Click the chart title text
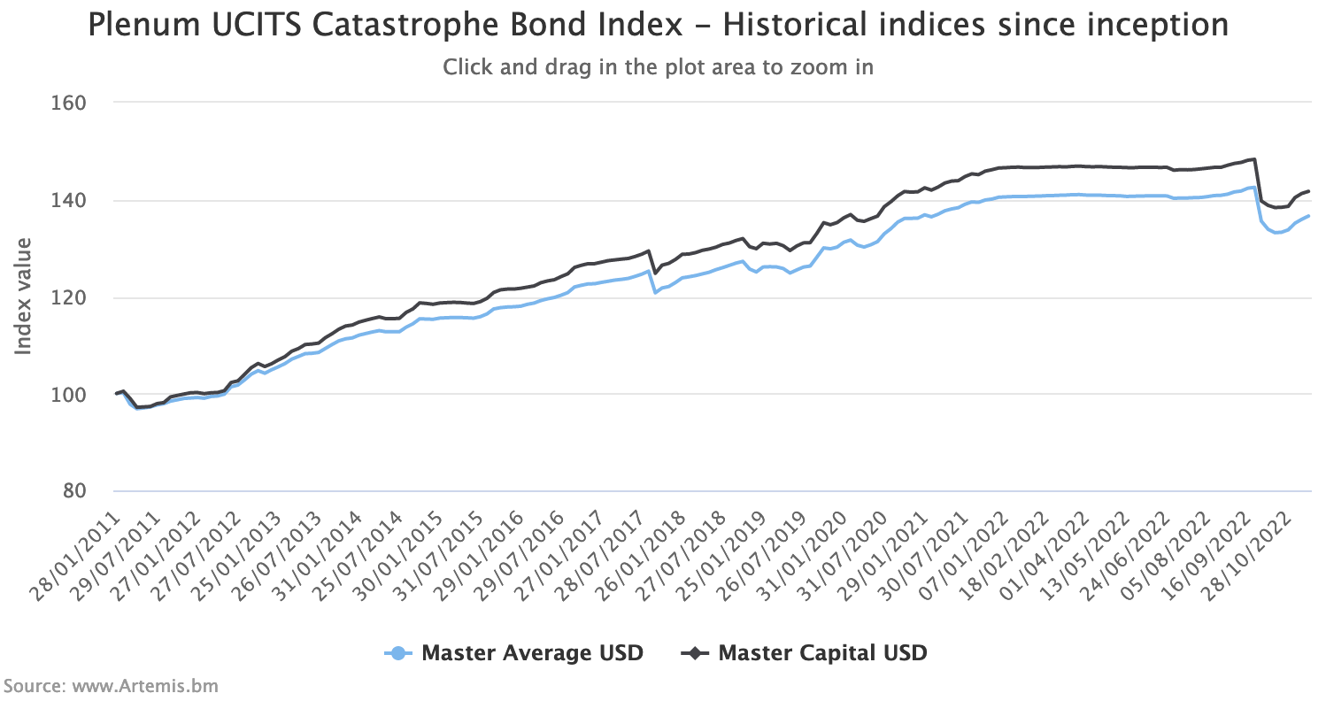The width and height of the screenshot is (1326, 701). click(x=659, y=26)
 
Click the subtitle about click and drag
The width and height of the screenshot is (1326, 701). click(x=659, y=66)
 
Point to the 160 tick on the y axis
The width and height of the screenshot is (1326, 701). click(x=67, y=103)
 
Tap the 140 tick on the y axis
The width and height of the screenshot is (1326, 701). click(x=67, y=201)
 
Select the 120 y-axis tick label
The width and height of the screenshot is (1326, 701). click(x=67, y=297)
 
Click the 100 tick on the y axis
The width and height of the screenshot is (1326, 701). click(x=67, y=395)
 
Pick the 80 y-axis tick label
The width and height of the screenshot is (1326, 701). click(x=73, y=491)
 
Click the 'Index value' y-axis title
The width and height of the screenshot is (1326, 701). click(x=23, y=296)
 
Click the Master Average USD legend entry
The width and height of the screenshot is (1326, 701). click(x=532, y=654)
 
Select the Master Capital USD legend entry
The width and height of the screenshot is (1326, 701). click(x=822, y=654)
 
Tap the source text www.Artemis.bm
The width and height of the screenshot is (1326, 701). click(x=111, y=686)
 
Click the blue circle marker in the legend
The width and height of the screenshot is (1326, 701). click(x=398, y=654)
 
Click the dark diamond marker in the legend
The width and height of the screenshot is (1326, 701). click(x=695, y=654)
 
